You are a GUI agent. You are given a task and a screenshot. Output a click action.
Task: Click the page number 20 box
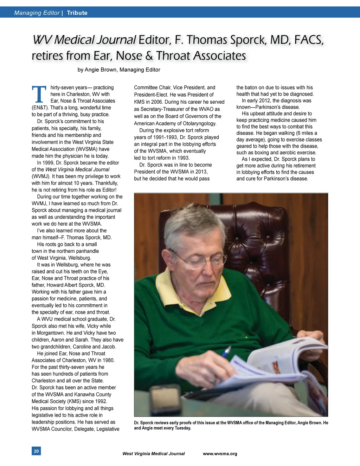point(36,451)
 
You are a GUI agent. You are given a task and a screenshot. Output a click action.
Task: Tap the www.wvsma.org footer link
point(220,454)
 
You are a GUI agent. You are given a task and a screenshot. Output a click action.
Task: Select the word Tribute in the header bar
point(77,13)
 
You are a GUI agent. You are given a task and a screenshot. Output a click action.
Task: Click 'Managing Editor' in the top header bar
point(37,13)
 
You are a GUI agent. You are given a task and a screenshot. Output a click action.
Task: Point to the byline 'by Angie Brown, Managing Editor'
point(119,70)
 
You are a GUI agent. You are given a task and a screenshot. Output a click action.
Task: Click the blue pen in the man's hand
point(226,351)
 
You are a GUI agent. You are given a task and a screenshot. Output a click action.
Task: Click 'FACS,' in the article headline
point(308,40)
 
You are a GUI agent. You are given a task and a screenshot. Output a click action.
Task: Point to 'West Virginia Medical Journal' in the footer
point(153,454)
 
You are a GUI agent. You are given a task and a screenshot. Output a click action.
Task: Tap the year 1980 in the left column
point(108,360)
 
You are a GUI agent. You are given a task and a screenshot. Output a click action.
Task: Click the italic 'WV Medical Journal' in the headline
point(84,40)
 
